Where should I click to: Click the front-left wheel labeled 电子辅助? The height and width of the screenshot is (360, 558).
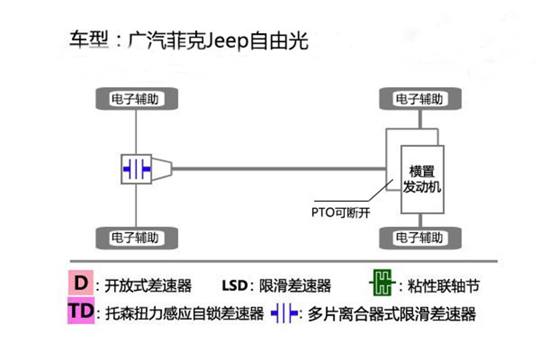point(136,99)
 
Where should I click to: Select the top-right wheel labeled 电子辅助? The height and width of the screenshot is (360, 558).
point(420,99)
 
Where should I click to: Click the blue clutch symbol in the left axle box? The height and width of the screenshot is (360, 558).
point(136,169)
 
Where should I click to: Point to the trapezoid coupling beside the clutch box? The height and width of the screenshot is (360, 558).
point(162,168)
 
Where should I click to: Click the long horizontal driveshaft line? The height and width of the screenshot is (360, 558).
point(279,168)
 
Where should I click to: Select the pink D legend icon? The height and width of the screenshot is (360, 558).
point(80,284)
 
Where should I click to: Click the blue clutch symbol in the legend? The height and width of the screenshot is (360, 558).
point(285,313)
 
